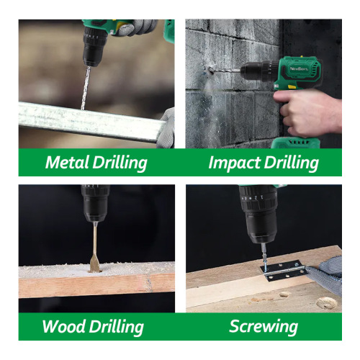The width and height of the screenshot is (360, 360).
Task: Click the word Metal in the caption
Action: pyautogui.click(x=67, y=162)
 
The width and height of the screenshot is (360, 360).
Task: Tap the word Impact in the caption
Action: pyautogui.click(x=233, y=163)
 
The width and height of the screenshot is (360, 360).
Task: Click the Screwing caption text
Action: pyautogui.click(x=264, y=326)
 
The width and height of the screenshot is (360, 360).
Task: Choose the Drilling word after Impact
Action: pyautogui.click(x=291, y=163)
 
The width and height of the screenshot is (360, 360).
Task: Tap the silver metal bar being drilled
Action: pyautogui.click(x=86, y=119)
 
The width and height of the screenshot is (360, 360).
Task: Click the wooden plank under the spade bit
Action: pyautogui.click(x=94, y=284)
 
